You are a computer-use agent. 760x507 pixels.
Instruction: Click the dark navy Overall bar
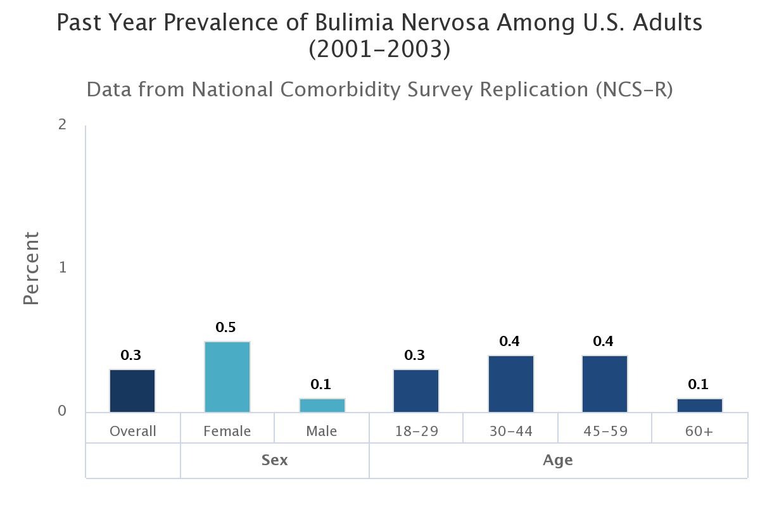[x=132, y=391]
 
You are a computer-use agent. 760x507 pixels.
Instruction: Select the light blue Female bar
[x=227, y=377]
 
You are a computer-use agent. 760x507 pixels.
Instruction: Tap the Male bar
[x=322, y=405]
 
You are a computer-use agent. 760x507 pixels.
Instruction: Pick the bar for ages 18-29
[x=416, y=391]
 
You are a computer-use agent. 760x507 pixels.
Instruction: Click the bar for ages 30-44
[x=511, y=384]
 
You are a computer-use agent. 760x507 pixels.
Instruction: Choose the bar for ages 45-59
[x=605, y=384]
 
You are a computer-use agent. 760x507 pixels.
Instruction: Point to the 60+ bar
[x=700, y=405]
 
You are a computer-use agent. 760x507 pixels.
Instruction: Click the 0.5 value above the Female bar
[x=225, y=328]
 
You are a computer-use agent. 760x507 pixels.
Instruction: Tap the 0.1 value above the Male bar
[x=320, y=384]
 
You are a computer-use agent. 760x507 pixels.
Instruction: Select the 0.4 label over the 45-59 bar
[x=603, y=342]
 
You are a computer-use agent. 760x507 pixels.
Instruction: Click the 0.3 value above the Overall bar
[x=131, y=356]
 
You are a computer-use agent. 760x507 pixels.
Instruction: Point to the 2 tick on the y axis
[x=62, y=124]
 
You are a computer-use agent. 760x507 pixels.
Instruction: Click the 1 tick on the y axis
[x=62, y=267]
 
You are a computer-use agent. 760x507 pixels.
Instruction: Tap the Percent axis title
[x=32, y=268]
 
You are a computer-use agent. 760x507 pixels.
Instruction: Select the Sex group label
[x=274, y=460]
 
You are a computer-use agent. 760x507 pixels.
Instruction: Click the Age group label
[x=557, y=460]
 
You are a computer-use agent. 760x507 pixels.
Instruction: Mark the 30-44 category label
[x=511, y=432]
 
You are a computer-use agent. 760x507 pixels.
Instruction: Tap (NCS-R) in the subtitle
[x=633, y=89]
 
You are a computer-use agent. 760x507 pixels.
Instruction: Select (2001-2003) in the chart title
[x=379, y=49]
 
